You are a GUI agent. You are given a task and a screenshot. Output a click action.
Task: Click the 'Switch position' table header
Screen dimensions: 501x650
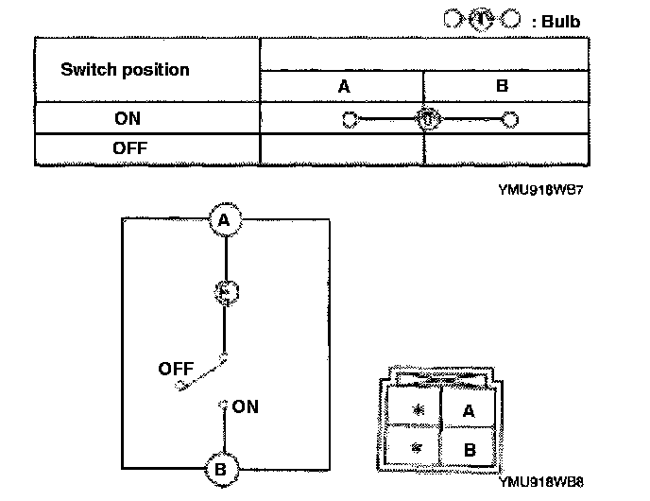(125, 70)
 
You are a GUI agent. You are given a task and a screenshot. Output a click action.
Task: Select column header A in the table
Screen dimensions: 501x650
(344, 86)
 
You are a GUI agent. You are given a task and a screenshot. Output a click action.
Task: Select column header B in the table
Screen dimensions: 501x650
(502, 86)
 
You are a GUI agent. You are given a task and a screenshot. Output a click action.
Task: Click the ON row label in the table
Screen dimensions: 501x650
(127, 119)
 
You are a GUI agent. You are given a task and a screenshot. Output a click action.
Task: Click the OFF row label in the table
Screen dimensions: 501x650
(129, 148)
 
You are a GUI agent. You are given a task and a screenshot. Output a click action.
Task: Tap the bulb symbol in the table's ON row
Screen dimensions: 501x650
(427, 119)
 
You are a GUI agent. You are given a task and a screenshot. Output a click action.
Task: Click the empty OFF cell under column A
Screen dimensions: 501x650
(341, 149)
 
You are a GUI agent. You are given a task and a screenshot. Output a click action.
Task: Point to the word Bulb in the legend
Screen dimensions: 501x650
(561, 21)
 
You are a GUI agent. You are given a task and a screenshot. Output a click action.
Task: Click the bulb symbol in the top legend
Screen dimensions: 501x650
(480, 20)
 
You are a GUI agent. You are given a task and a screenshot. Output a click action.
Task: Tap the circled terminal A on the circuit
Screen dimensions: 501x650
(224, 220)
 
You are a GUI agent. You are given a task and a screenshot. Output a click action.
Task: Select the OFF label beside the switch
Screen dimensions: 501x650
(177, 369)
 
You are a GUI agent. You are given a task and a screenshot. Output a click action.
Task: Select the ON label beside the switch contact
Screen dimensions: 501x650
(245, 406)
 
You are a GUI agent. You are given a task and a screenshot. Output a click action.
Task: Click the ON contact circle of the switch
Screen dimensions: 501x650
(225, 406)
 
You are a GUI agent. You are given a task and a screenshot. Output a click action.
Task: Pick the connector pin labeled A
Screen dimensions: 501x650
(469, 410)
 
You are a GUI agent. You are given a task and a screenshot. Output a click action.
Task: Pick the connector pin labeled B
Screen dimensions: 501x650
(469, 450)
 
